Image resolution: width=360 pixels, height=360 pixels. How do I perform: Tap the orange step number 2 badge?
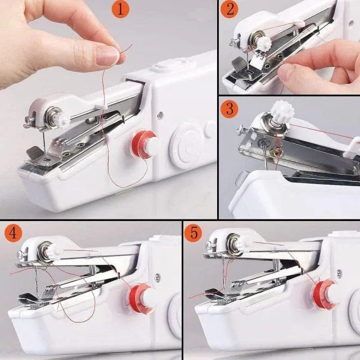tap(229, 10)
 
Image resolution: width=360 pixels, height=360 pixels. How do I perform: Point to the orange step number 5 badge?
tap(193, 233)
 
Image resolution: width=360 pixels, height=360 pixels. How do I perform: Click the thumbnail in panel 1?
tap(107, 55)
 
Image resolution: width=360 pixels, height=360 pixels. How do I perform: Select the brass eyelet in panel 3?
tap(276, 152)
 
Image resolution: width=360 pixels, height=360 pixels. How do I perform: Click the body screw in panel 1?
tap(160, 115)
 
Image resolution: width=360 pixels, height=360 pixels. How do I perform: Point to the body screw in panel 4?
tap(157, 277)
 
